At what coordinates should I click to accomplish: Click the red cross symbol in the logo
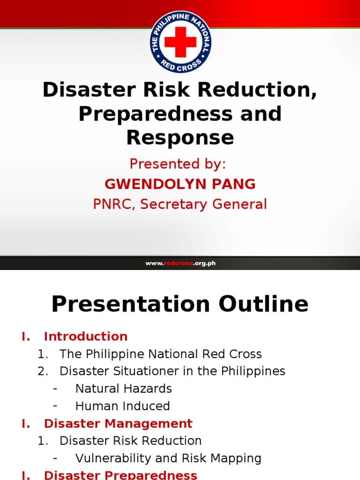pos(180,41)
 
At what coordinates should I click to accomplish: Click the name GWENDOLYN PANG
pos(180,184)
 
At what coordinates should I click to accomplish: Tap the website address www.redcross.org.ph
pos(180,263)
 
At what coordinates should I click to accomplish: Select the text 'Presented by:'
pos(178,164)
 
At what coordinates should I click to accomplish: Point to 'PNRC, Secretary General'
pos(180,204)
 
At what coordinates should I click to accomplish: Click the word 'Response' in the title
pos(180,138)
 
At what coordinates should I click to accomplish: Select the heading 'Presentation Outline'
pos(180,304)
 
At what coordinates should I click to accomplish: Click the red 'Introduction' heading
pos(85,337)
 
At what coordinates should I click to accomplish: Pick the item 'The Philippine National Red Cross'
pos(160,354)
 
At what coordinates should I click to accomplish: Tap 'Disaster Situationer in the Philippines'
pos(172,371)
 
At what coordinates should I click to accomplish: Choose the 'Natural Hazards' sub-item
pos(123,389)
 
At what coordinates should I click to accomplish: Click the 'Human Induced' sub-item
pos(122,406)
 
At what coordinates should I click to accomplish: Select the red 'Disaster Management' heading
pos(118,423)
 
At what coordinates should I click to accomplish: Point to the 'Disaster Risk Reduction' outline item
pos(130,441)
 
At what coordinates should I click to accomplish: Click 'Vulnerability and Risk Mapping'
pos(168,458)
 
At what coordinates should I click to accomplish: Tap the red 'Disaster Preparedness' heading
pos(120,474)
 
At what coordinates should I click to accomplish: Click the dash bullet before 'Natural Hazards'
pos(55,389)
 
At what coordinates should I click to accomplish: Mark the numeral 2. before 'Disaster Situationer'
pos(43,371)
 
